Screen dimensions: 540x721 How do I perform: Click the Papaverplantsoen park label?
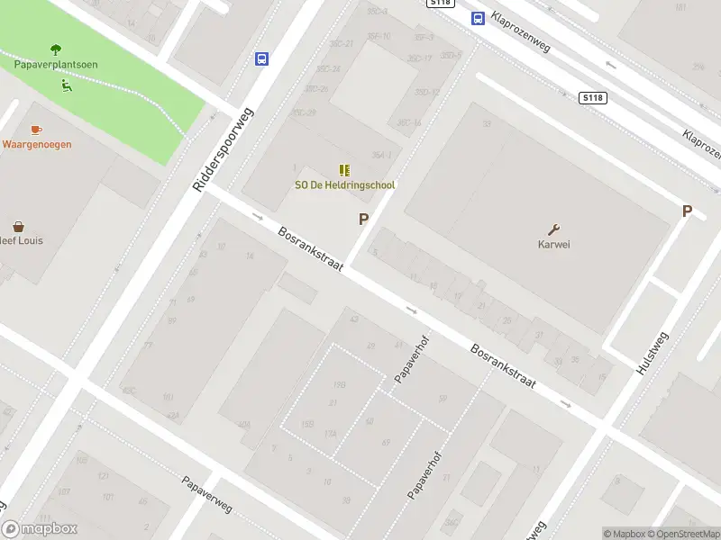(56, 65)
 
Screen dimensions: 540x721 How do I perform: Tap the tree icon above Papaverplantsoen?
(56, 49)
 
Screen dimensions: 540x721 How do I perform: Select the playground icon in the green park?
(66, 86)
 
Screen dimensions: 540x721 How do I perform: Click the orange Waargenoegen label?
(37, 144)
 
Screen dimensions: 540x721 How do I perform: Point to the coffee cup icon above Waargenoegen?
(36, 130)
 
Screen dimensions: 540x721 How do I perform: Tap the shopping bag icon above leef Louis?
(18, 227)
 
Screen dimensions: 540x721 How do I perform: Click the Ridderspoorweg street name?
(224, 149)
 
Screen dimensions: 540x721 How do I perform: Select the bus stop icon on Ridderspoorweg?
(261, 59)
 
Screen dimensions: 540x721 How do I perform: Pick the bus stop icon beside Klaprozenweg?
(477, 18)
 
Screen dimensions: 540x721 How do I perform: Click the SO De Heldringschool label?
(345, 185)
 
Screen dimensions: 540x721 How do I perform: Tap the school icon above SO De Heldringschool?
(344, 169)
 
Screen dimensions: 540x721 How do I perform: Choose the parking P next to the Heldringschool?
(364, 219)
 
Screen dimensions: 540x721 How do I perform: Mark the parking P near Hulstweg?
(687, 211)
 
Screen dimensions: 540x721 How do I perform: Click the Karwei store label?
(554, 244)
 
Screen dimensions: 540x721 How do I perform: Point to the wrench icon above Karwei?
(553, 229)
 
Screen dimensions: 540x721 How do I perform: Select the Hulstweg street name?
(653, 354)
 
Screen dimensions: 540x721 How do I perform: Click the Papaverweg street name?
(206, 494)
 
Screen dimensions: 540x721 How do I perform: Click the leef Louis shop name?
(22, 241)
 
